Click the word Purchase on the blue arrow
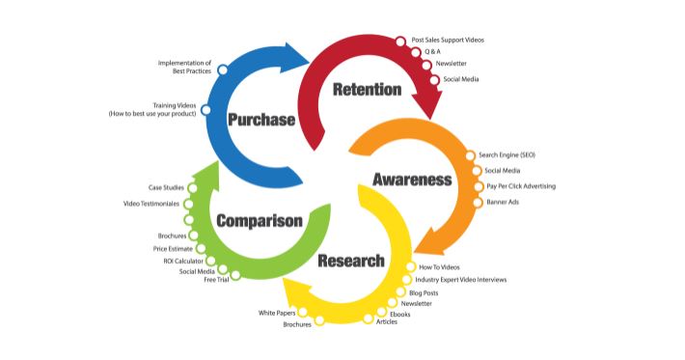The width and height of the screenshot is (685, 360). [260, 120]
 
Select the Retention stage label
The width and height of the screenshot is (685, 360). [366, 90]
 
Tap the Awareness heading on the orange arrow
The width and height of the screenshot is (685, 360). [412, 180]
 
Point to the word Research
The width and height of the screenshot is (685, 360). [351, 261]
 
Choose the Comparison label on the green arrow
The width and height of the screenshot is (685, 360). [260, 221]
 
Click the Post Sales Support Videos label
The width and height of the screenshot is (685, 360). [447, 41]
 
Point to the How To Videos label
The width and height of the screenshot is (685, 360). [438, 266]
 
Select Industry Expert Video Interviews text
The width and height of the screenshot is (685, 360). [467, 280]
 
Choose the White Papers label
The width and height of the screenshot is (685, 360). [277, 313]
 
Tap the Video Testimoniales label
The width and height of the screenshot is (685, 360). [152, 204]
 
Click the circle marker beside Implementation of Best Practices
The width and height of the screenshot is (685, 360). [223, 69]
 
